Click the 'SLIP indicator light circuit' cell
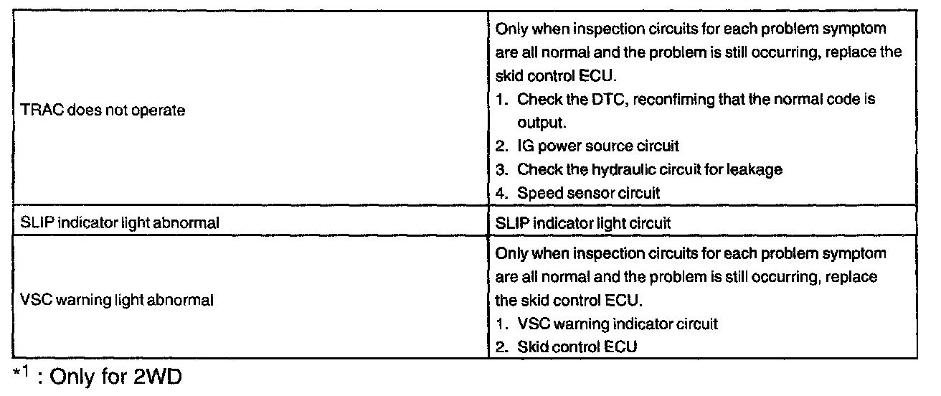tap(583, 223)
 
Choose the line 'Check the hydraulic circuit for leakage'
tap(649, 169)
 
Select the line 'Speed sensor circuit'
tap(588, 192)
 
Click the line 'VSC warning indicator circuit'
tap(617, 324)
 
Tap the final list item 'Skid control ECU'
tap(577, 346)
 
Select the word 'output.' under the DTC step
tap(543, 123)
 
